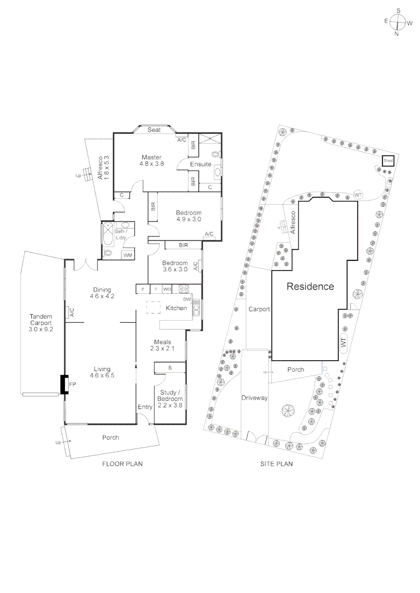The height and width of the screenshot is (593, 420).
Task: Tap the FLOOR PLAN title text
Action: pyautogui.click(x=123, y=464)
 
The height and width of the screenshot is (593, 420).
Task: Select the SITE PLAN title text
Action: pyautogui.click(x=276, y=464)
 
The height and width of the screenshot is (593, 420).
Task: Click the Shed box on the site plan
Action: pyautogui.click(x=389, y=161)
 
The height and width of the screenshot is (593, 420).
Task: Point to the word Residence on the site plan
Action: pyautogui.click(x=310, y=287)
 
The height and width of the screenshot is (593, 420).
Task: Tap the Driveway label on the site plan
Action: pyautogui.click(x=255, y=398)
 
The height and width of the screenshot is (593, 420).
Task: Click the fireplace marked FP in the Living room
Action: pyautogui.click(x=64, y=385)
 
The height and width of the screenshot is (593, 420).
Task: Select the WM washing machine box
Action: pyautogui.click(x=128, y=255)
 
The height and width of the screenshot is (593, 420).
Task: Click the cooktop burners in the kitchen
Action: pyautogui.click(x=183, y=289)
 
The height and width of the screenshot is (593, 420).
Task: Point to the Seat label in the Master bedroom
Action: pyautogui.click(x=154, y=130)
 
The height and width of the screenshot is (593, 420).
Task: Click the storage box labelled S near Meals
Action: pyautogui.click(x=170, y=367)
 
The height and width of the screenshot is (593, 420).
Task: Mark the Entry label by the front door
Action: pyautogui.click(x=145, y=407)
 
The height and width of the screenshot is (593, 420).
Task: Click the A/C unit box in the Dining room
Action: pyautogui.click(x=70, y=312)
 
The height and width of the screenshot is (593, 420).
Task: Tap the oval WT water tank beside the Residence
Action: pyautogui.click(x=344, y=343)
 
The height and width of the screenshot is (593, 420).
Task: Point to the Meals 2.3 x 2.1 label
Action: pyautogui.click(x=162, y=345)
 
